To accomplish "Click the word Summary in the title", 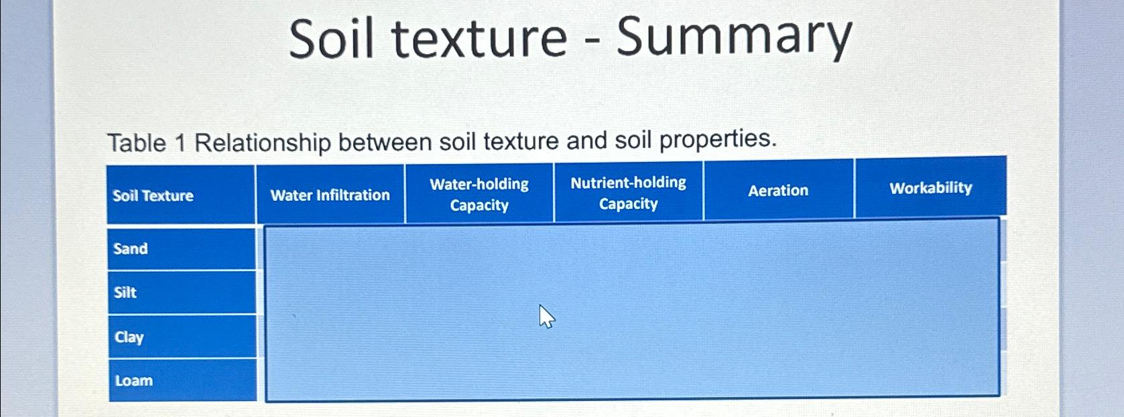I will click(734, 39).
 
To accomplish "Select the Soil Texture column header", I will click(153, 195).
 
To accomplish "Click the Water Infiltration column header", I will click(330, 195).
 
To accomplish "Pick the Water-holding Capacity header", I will click(479, 194).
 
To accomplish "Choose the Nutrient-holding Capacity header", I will click(628, 193).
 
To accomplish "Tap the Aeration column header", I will click(778, 191).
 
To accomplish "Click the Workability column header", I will click(930, 188).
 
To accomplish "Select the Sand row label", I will click(131, 249).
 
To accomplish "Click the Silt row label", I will click(125, 293).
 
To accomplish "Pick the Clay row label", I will click(129, 337).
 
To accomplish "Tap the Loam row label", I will click(134, 381).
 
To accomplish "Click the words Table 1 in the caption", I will click(145, 143).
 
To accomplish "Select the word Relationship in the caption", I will click(263, 143).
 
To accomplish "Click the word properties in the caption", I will click(718, 139).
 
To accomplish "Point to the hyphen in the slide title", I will click(591, 40).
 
